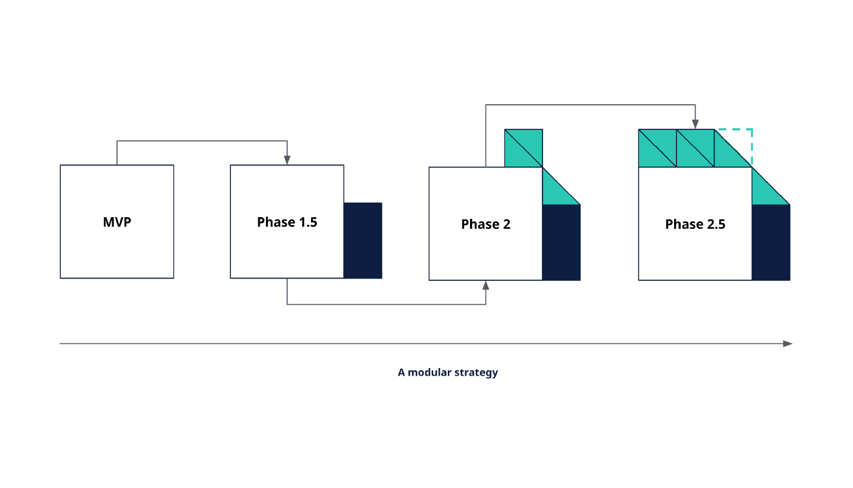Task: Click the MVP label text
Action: click(x=117, y=222)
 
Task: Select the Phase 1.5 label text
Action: click(x=287, y=222)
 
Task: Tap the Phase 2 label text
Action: click(x=486, y=224)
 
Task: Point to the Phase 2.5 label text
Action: click(x=695, y=224)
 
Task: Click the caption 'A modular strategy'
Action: click(x=448, y=372)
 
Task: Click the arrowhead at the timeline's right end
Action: click(x=788, y=343)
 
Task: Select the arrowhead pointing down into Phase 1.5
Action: click(x=287, y=160)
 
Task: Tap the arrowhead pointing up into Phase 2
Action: click(x=486, y=286)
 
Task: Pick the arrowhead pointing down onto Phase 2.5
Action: click(x=695, y=124)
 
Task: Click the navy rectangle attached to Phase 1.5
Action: click(x=363, y=240)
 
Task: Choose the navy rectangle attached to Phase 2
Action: click(x=561, y=242)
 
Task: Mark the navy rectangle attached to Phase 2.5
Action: click(x=771, y=242)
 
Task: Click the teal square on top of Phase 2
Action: click(x=523, y=148)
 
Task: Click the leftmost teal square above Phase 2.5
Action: click(x=657, y=148)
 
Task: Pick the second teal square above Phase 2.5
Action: click(x=695, y=148)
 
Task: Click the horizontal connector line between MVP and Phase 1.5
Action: click(x=202, y=140)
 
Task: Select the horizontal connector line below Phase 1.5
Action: click(x=386, y=304)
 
